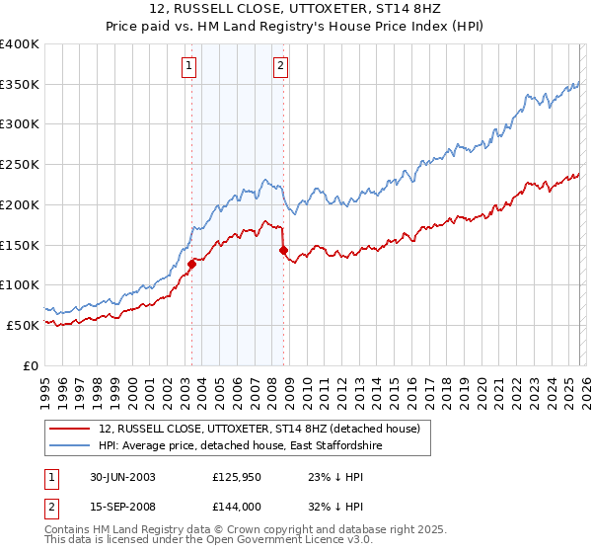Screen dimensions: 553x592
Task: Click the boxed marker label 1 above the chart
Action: coord(188,66)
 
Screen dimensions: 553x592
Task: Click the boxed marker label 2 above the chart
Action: coord(280,66)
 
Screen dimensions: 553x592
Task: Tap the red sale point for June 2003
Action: coord(192,264)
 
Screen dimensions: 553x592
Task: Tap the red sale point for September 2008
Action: coord(283,250)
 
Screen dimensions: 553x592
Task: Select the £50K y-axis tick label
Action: coord(23,325)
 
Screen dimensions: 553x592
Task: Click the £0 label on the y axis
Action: coord(32,365)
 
